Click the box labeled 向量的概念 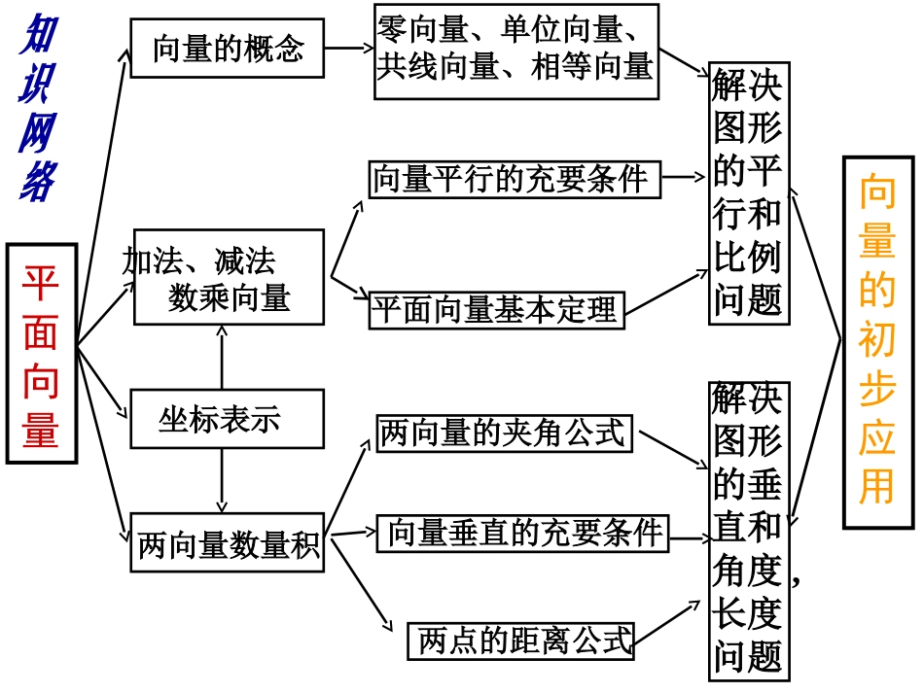coord(227,48)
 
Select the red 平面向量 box coord(42,354)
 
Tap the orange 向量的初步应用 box coord(877,342)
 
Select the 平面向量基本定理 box coord(497,309)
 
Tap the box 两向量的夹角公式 coord(504,433)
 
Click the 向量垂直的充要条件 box coord(523,533)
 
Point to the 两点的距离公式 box coord(521,641)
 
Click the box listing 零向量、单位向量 coord(515,51)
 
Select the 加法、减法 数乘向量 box coord(227,277)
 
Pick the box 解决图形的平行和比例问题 coord(748,194)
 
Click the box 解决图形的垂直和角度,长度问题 coord(748,530)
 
